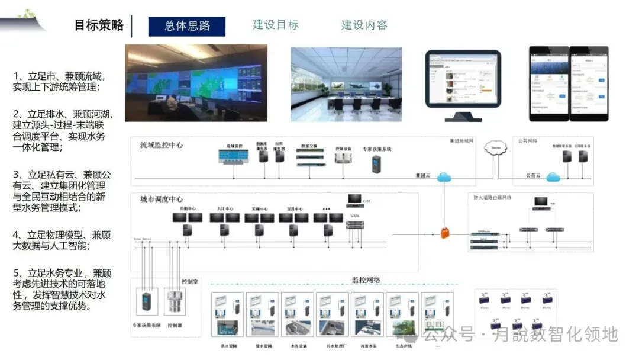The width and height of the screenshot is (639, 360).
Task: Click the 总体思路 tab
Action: pyautogui.click(x=187, y=27)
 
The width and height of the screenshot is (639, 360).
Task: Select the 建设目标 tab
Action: pyautogui.click(x=276, y=25)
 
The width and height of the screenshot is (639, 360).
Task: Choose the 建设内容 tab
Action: pyautogui.click(x=364, y=25)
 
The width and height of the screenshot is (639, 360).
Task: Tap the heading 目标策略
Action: pyautogui.click(x=99, y=25)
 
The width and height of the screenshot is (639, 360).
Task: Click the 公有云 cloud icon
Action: pyautogui.click(x=553, y=176)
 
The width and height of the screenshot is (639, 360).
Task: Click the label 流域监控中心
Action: pyautogui.click(x=162, y=145)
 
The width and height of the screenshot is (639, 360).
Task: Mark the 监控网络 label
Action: pyautogui.click(x=366, y=280)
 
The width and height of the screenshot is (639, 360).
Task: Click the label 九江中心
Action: pyautogui.click(x=225, y=209)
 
